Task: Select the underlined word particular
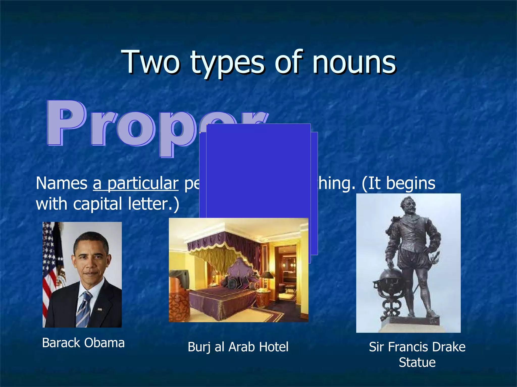click(143, 183)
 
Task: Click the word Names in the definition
click(62, 183)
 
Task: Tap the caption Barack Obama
click(83, 343)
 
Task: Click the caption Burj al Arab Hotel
click(238, 347)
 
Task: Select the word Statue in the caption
click(417, 362)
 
